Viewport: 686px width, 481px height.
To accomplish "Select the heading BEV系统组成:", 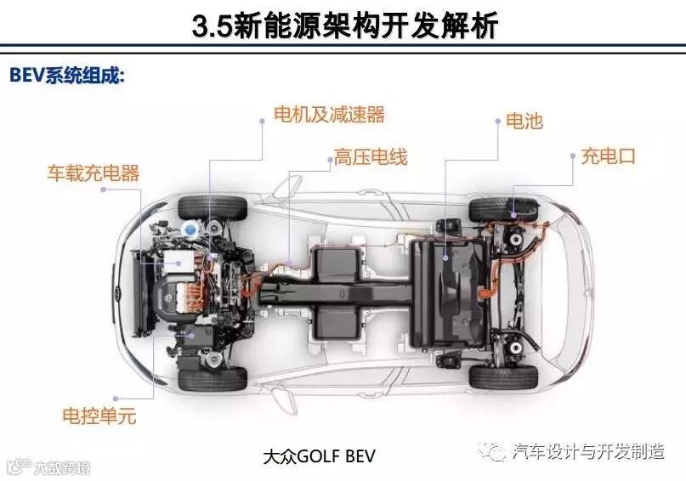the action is coord(67,75).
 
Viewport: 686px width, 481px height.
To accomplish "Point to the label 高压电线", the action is coord(370,157).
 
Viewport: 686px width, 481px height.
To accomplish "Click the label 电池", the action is coord(524,122).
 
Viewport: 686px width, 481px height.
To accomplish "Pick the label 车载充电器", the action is coord(93,174).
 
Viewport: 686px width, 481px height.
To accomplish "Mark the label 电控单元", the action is coord(99,416).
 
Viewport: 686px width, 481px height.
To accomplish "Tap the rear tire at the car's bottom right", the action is coord(502,376).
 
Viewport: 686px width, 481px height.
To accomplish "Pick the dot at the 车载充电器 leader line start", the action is coord(103,190).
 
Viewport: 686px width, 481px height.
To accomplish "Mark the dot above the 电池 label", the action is coord(496,122).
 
